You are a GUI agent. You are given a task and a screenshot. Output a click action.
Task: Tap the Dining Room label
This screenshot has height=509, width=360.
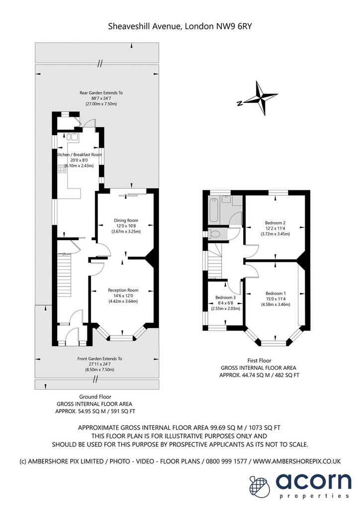click(x=126, y=220)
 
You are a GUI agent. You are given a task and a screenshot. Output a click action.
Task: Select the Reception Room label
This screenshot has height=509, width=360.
click(x=123, y=290)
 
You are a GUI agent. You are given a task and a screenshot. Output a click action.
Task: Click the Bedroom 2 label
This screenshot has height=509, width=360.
click(x=275, y=223)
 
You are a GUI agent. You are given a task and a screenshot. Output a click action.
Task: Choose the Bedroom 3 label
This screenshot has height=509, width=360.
click(x=226, y=297)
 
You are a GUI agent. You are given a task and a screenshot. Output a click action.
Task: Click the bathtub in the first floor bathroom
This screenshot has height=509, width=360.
click(x=214, y=210)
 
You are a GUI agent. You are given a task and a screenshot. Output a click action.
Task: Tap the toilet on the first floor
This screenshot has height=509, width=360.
click(x=215, y=234)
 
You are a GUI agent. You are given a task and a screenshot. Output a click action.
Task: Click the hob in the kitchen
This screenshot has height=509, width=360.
click(x=62, y=169)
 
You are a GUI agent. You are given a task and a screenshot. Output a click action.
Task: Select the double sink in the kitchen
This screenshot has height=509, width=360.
click(x=72, y=136)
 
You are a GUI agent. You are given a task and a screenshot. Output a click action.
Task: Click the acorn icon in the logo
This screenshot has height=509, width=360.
click(x=260, y=486)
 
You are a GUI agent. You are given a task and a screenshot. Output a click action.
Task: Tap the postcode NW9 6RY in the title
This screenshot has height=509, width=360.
click(x=234, y=26)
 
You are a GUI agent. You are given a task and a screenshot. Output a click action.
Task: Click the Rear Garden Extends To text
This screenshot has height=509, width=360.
click(x=101, y=93)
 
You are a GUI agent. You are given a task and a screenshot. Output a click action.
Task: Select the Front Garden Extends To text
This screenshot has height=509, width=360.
click(x=99, y=359)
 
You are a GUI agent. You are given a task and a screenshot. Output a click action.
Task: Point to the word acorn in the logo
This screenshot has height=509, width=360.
click(x=314, y=482)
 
